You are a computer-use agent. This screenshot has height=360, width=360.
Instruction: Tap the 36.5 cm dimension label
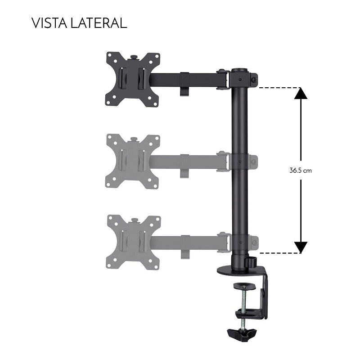coord(301,171)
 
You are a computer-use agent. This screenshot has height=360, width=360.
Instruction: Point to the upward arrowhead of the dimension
coord(301,94)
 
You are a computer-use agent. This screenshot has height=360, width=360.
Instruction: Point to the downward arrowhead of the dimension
coord(301,247)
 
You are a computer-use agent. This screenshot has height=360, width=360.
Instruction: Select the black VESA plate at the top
coord(133,79)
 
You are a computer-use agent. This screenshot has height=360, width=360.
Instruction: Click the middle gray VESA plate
coord(133,161)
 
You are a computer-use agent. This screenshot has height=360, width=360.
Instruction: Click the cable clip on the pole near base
coord(251,261)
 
